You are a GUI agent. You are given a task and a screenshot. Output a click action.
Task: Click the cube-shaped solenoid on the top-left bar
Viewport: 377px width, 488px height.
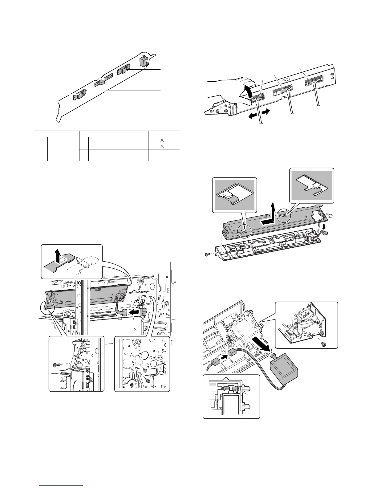[144, 61]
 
